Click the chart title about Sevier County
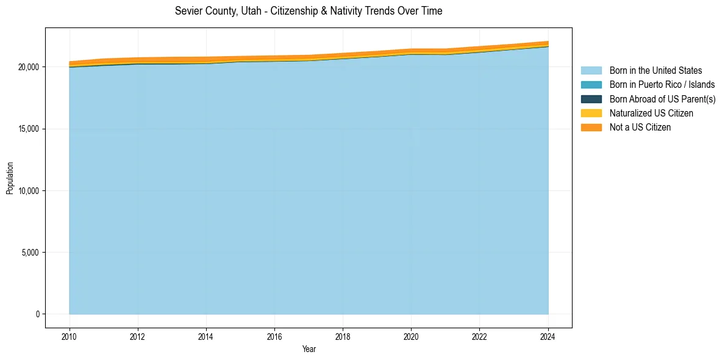[309, 11]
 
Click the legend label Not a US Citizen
[640, 128]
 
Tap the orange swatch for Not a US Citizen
[591, 128]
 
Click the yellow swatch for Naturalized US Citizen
[591, 113]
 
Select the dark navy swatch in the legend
[591, 99]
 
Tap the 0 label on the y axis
[37, 314]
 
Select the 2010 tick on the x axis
[70, 337]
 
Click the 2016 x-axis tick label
[275, 337]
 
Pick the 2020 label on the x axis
[412, 337]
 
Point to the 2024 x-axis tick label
[548, 337]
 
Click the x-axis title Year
[309, 349]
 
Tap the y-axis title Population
[10, 178]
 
